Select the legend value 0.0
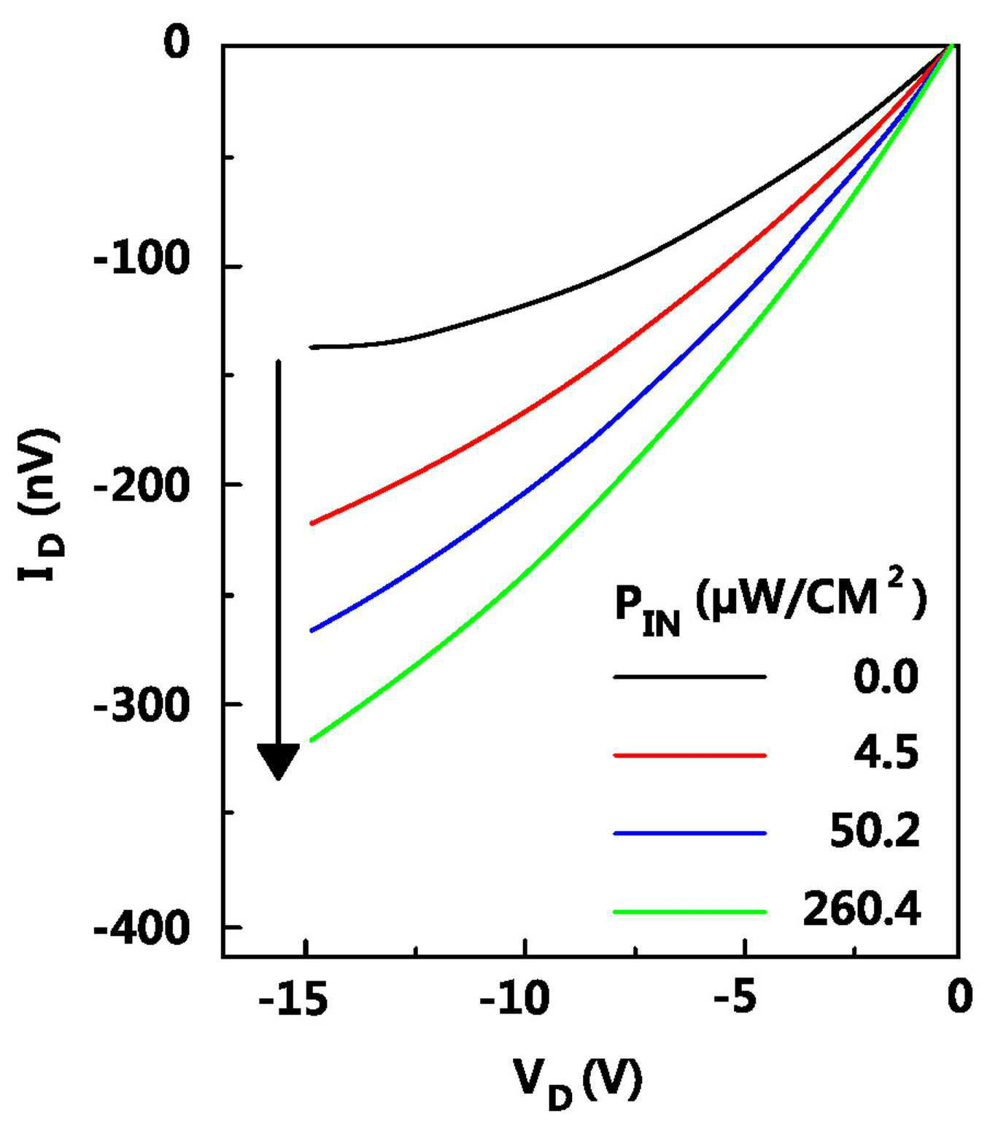(x=886, y=677)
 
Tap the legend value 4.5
(x=886, y=753)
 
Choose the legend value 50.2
(x=875, y=832)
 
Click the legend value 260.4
(x=862, y=909)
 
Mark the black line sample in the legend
(x=689, y=677)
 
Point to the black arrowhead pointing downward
(x=278, y=762)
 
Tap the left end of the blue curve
(x=312, y=631)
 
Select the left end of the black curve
(x=312, y=347)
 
